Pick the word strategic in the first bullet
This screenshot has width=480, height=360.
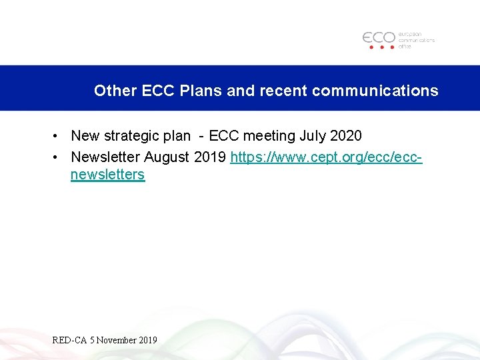pyautogui.click(x=132, y=136)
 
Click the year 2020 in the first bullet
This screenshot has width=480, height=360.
pyautogui.click(x=346, y=136)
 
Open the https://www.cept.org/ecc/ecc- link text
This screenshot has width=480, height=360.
pyautogui.click(x=326, y=157)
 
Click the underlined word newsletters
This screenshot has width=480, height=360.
pyautogui.click(x=107, y=175)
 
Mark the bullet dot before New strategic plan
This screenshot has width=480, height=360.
pyautogui.click(x=57, y=136)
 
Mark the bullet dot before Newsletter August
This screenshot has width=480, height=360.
pyautogui.click(x=57, y=157)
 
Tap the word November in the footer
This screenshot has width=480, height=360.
pyautogui.click(x=117, y=340)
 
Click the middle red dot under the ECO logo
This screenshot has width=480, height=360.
pyautogui.click(x=379, y=47)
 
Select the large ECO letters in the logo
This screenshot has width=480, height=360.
pyautogui.click(x=379, y=37)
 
